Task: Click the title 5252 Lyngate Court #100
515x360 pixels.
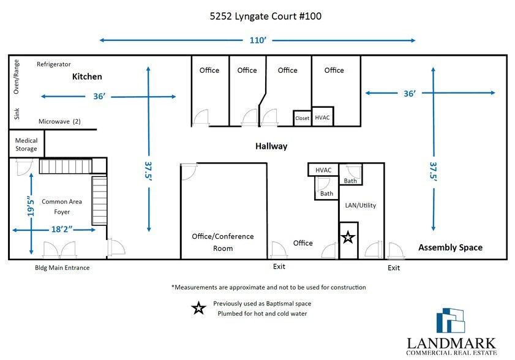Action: (x=257, y=16)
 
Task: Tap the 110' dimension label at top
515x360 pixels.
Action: (x=257, y=40)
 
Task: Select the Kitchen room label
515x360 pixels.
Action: (x=87, y=77)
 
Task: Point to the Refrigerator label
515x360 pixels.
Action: (x=54, y=64)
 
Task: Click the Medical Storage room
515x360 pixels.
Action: (x=26, y=144)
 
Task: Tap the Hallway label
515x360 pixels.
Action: (x=271, y=146)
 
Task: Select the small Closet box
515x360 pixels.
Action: (x=302, y=118)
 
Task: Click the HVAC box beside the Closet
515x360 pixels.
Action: (x=322, y=116)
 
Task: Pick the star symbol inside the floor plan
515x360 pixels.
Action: (x=348, y=236)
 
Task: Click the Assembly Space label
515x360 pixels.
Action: (x=450, y=247)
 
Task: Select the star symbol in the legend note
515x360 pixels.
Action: (x=198, y=308)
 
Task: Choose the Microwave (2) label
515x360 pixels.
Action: (x=59, y=121)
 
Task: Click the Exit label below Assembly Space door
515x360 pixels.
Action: (x=394, y=268)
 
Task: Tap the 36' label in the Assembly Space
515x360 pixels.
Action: (x=410, y=93)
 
